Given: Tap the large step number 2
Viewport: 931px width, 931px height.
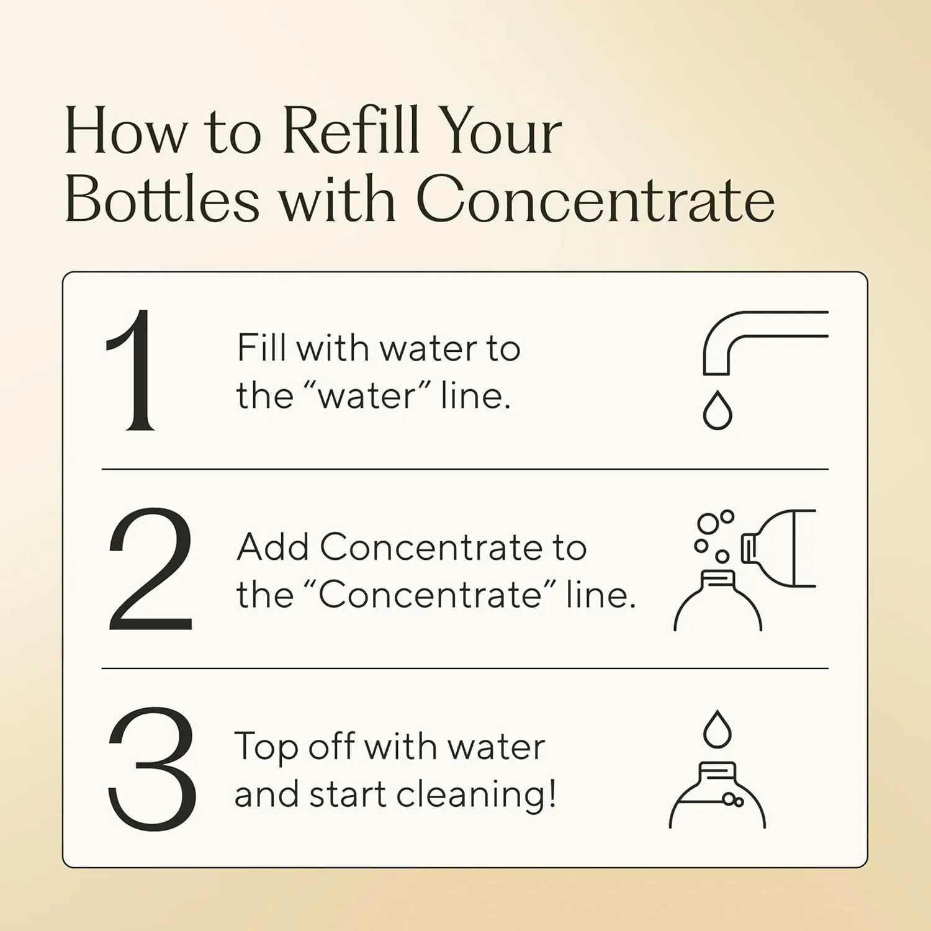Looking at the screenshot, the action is click(x=151, y=569).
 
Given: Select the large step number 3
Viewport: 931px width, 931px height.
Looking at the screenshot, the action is click(x=152, y=768).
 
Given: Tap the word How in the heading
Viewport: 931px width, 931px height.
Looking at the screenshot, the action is click(x=126, y=132).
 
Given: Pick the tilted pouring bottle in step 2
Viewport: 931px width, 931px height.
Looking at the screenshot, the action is click(x=778, y=548).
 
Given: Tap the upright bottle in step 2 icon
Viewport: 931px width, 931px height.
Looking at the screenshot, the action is click(x=718, y=600).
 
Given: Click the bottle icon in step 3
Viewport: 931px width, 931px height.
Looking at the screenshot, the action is click(x=717, y=795).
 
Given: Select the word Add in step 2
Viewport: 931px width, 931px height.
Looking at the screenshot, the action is click(x=273, y=547).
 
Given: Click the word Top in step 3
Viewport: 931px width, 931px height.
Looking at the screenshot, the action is click(x=268, y=747).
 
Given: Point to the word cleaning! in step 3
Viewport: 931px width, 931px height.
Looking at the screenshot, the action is click(x=475, y=794).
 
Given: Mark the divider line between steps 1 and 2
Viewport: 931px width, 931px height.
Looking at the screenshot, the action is click(x=465, y=469).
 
